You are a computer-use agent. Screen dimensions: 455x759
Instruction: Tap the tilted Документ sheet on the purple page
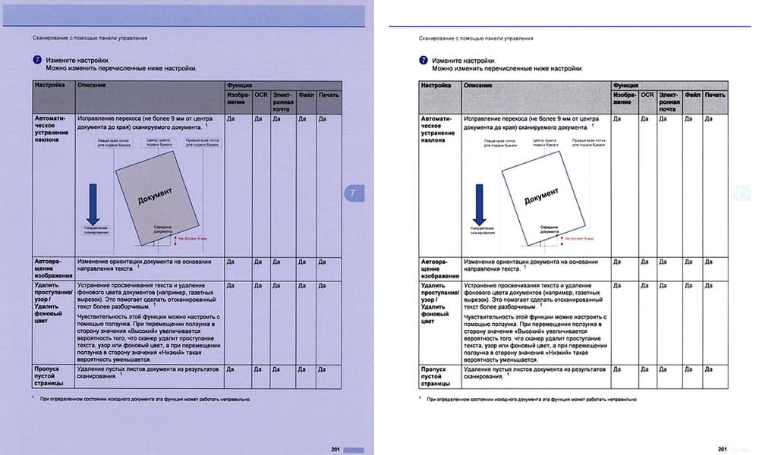click(158, 196)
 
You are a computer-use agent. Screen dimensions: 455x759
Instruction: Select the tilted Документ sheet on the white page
click(543, 199)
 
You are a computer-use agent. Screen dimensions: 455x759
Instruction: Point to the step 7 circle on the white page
click(423, 60)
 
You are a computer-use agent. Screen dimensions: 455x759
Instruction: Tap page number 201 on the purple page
click(335, 449)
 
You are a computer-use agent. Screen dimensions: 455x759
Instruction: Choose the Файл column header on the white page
click(692, 96)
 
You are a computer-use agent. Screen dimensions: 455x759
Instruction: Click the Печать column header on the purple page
click(329, 95)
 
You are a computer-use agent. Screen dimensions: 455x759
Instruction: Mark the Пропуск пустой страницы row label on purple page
click(52, 375)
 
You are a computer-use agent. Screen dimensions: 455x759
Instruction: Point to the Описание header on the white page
click(478, 86)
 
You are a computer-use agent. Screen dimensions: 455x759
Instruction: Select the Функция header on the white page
click(626, 86)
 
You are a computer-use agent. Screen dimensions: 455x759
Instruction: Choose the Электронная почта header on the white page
click(668, 102)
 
